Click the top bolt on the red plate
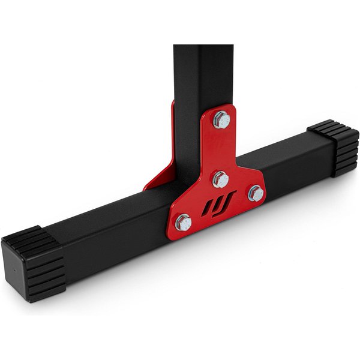click(x=221, y=119)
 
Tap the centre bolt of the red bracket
click(x=220, y=179)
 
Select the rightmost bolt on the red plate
click(x=256, y=193)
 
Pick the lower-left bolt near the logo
click(x=184, y=223)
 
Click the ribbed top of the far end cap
click(x=327, y=128)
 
